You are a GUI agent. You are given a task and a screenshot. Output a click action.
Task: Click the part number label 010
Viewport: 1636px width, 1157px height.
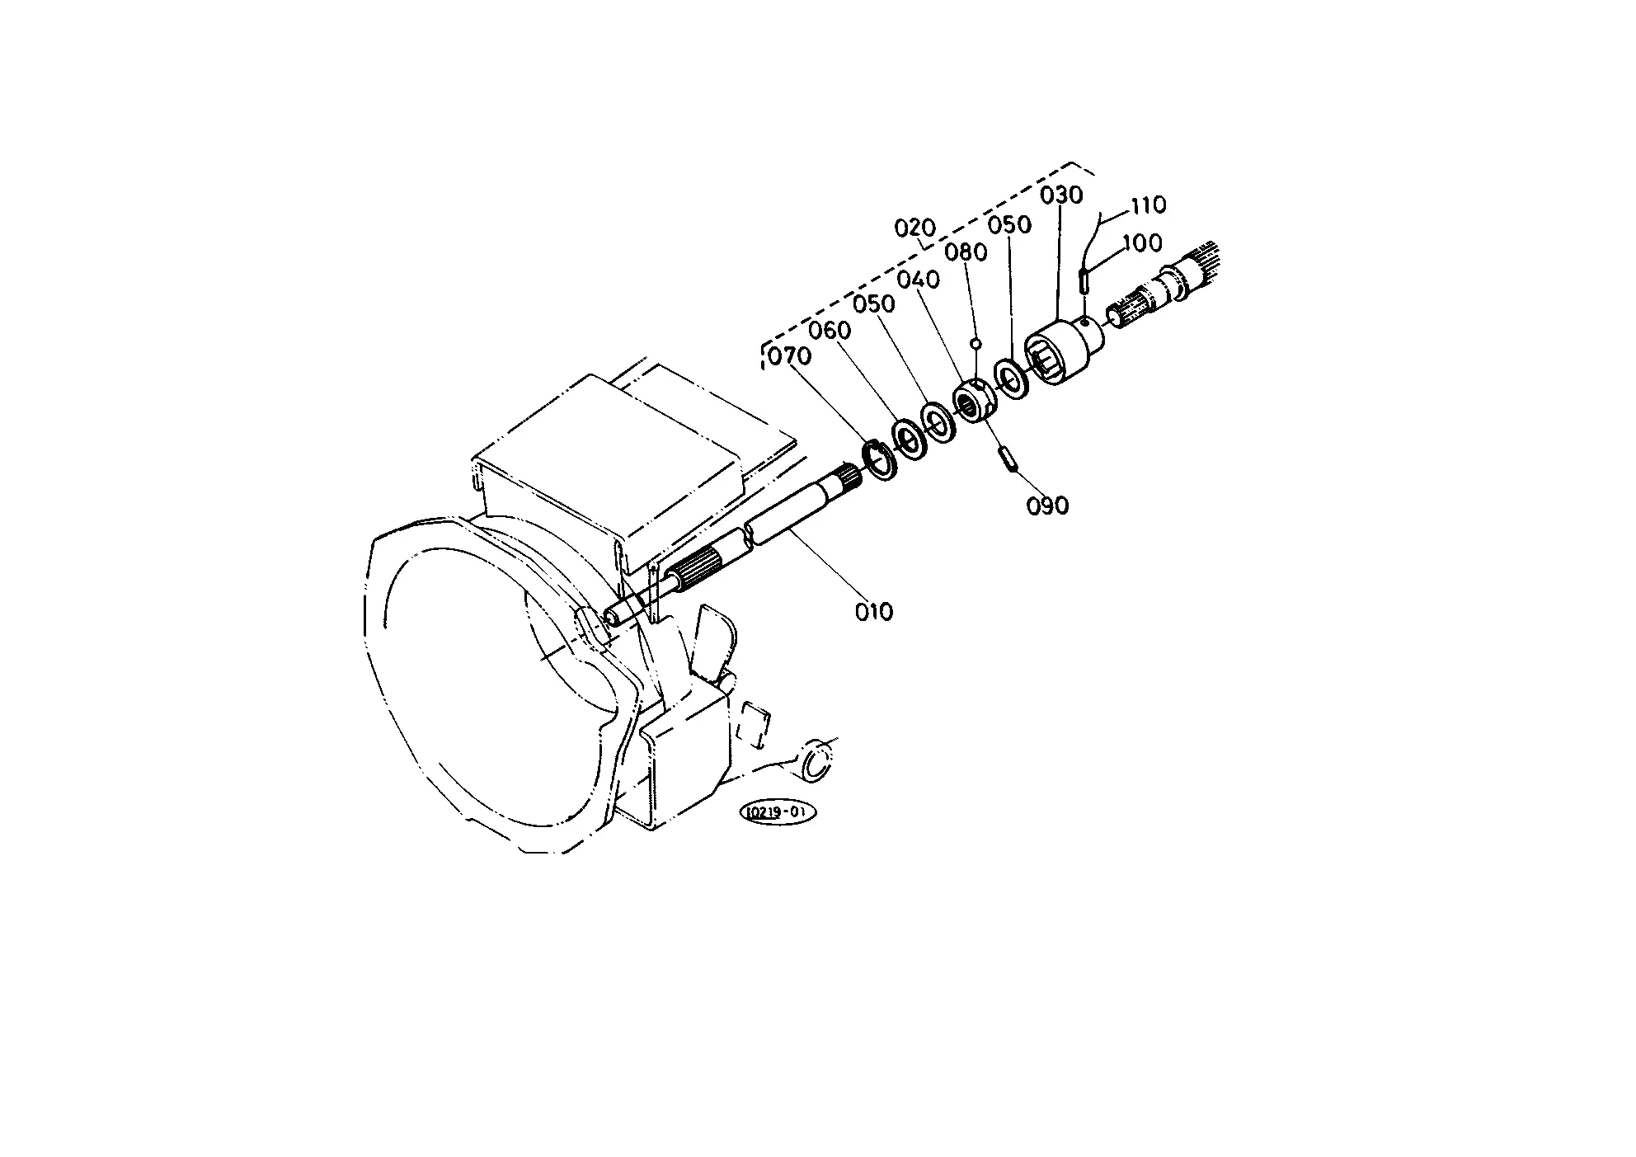point(873,612)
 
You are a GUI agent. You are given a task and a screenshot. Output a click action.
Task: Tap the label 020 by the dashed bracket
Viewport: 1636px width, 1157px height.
point(916,228)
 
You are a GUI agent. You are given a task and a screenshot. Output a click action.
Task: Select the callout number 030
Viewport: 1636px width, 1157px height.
point(1061,195)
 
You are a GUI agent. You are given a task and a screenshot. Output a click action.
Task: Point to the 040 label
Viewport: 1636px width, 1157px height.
point(919,280)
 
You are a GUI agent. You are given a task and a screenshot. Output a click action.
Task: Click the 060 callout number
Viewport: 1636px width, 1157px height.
point(830,331)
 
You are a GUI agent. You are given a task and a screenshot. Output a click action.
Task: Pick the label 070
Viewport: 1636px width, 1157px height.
point(790,357)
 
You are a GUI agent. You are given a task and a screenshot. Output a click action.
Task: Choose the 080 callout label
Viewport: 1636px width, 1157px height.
point(966,252)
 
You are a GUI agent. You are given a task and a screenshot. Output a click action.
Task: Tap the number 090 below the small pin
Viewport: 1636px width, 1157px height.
point(1047,506)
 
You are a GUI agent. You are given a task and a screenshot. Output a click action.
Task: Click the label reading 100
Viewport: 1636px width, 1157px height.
point(1142,243)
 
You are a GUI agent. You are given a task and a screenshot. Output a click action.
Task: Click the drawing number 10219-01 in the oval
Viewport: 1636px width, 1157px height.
point(778,812)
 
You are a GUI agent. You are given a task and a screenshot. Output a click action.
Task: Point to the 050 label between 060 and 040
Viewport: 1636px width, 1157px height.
point(874,304)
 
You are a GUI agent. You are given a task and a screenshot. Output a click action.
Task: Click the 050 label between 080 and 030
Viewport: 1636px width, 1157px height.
point(1010,225)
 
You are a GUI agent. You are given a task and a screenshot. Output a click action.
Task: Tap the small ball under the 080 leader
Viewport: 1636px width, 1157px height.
point(975,342)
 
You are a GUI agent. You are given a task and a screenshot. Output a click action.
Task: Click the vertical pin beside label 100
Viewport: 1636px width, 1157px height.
point(1084,280)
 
